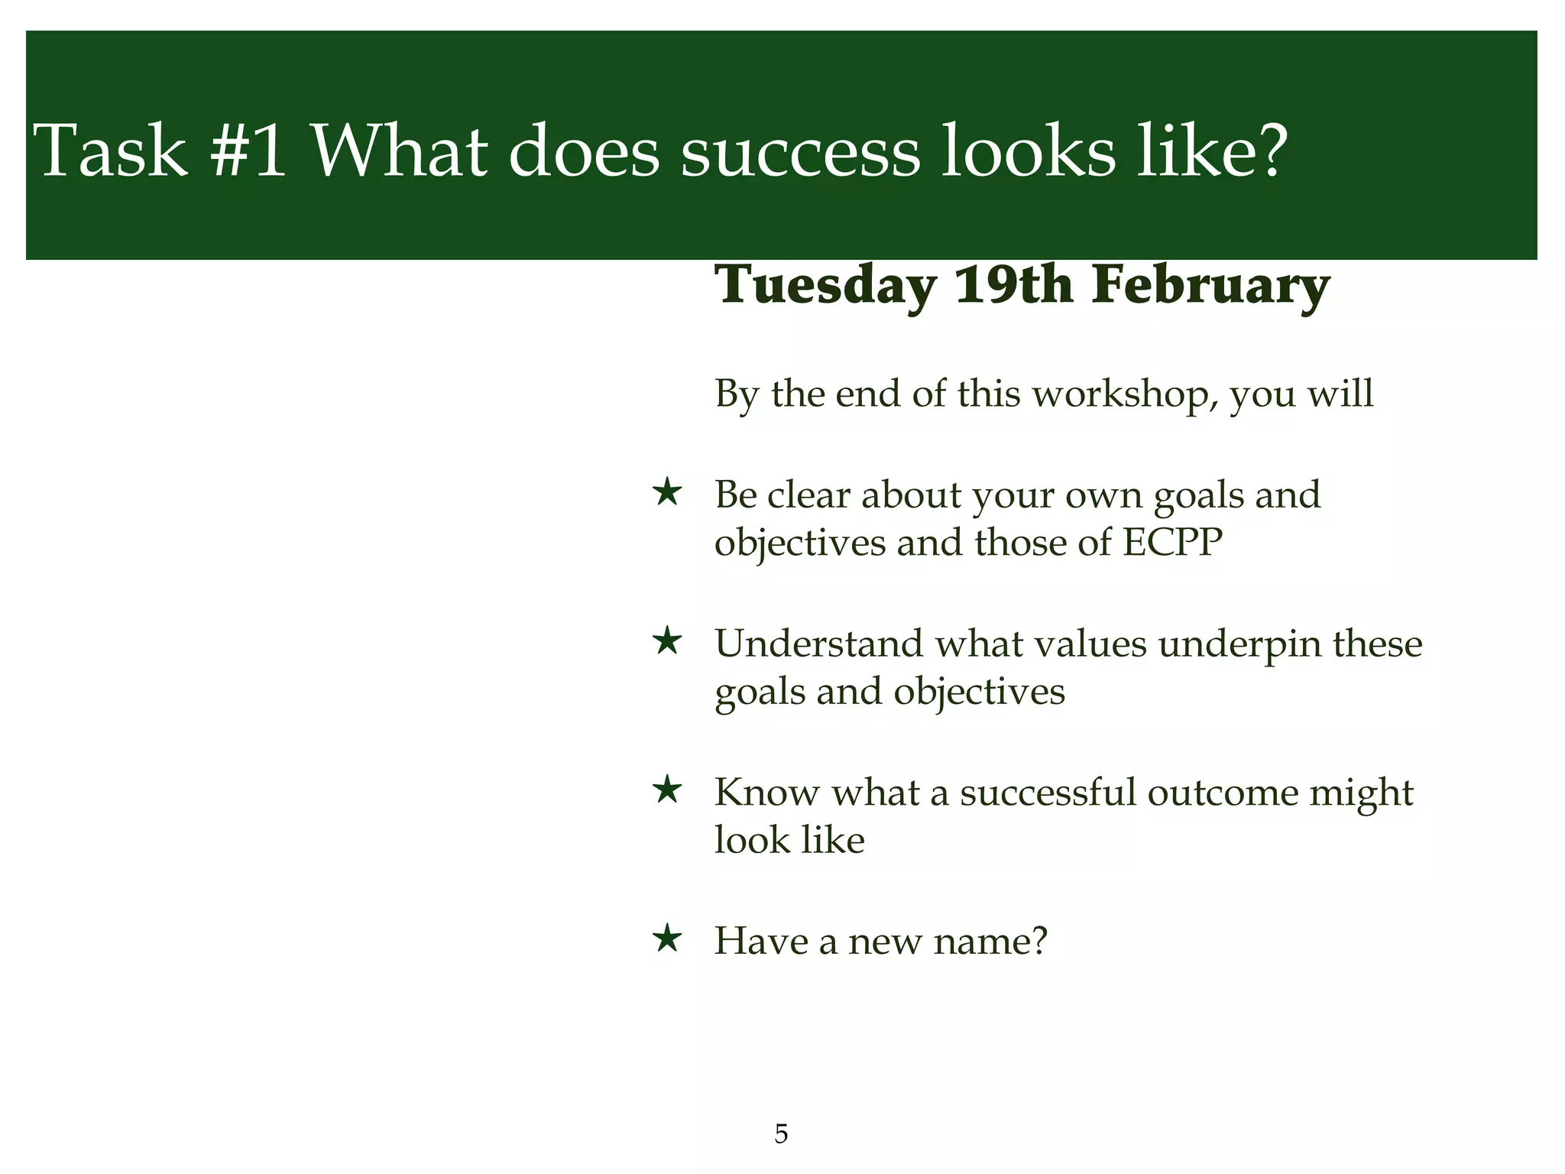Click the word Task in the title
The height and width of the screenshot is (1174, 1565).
(111, 151)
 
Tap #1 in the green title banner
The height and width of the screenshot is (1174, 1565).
(248, 151)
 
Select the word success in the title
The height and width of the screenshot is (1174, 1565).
(800, 151)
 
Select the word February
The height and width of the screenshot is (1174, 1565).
(1210, 286)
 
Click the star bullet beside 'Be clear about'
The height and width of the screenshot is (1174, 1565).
(668, 493)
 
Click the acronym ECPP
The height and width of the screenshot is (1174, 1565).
(1172, 543)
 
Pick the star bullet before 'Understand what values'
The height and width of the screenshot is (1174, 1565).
(668, 641)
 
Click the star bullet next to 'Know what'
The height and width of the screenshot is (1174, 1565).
(668, 790)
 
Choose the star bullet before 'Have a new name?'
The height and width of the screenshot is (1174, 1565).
(668, 938)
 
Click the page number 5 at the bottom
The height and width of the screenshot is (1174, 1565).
(781, 1134)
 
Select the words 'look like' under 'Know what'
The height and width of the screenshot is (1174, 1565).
(789, 840)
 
